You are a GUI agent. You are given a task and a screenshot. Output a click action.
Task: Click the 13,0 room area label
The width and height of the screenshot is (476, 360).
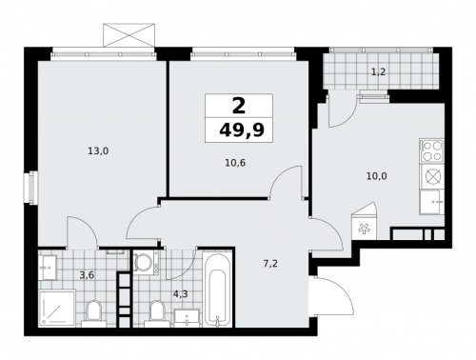point(98,150)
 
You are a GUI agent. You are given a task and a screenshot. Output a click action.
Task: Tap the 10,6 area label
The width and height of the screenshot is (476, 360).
point(235,163)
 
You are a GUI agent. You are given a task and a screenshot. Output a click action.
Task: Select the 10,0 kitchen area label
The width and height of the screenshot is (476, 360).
point(377,175)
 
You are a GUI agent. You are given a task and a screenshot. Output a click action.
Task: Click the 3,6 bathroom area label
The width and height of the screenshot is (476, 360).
point(87,275)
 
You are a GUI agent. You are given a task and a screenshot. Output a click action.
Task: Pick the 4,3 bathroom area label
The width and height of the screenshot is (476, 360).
point(181,293)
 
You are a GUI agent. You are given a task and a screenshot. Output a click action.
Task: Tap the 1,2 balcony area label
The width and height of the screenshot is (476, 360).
point(378,71)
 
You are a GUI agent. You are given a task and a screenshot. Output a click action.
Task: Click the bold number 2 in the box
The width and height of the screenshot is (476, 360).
point(238,106)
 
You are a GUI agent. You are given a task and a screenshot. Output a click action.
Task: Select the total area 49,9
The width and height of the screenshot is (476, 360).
point(238,130)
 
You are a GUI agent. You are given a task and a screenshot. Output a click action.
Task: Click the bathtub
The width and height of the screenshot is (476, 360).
point(217,290)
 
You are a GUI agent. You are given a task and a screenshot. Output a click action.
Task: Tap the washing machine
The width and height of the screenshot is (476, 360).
point(146,262)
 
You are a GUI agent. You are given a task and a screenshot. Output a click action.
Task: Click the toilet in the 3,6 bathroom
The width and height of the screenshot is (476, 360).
point(94,312)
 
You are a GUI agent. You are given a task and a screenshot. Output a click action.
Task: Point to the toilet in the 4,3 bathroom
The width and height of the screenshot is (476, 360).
point(157,313)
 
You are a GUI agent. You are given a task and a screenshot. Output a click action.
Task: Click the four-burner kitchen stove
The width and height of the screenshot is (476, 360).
point(431,150)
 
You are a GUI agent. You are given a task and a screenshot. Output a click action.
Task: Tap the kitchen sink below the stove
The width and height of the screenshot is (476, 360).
point(432,201)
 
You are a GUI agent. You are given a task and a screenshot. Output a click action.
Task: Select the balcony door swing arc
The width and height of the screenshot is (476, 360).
point(341,111)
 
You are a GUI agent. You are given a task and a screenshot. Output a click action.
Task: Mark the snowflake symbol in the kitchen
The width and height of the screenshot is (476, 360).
point(364,228)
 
